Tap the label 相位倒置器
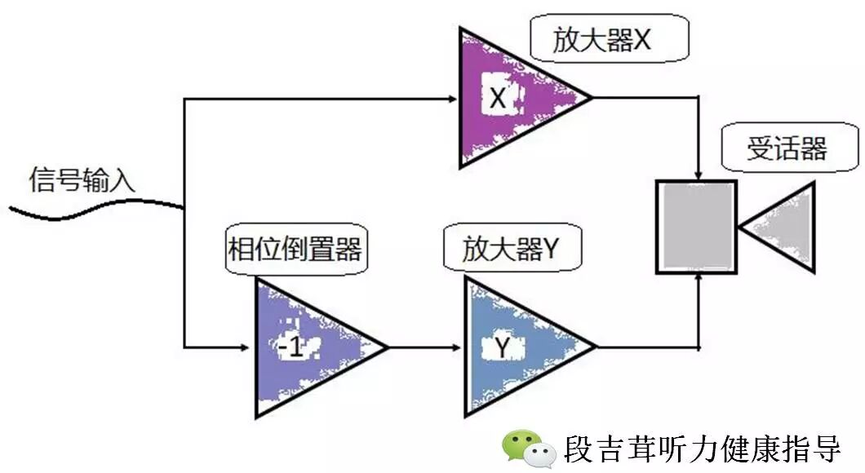(x=295, y=250)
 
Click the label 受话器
(x=788, y=148)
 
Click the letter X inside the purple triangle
(x=499, y=99)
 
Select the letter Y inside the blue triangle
(x=503, y=349)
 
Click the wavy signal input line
(x=90, y=210)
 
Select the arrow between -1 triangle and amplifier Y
(x=424, y=347)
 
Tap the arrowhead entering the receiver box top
(x=699, y=175)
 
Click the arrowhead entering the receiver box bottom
(x=699, y=278)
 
